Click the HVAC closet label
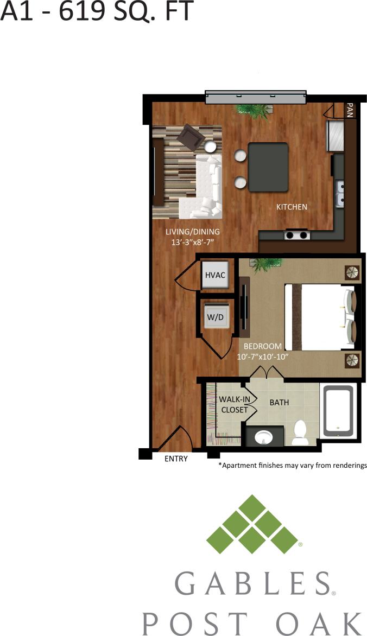(215, 275)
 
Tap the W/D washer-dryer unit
(216, 317)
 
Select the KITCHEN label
(292, 207)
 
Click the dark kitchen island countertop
(268, 167)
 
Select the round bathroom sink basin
(264, 436)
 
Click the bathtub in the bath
(337, 411)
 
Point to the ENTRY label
(176, 459)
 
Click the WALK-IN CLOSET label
(233, 404)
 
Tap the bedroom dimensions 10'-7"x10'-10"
(262, 357)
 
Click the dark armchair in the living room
(191, 136)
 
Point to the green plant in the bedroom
(266, 264)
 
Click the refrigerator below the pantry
(334, 136)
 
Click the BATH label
(280, 403)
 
